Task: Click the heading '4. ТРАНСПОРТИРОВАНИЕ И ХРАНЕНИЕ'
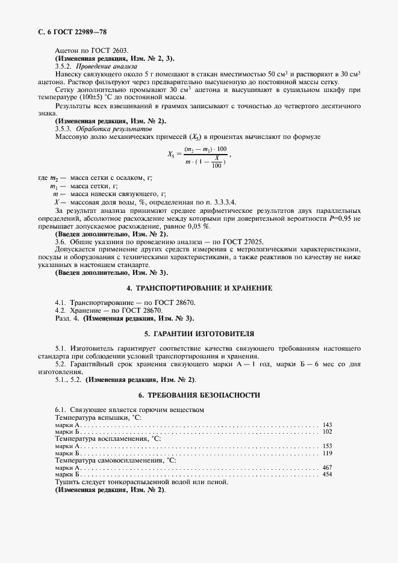coord(199,288)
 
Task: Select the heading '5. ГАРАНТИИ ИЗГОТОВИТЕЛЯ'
coord(199,333)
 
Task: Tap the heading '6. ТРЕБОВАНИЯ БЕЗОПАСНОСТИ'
coord(199,395)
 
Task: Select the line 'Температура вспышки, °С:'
coord(98,417)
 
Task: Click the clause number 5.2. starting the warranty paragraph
coord(61,365)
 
